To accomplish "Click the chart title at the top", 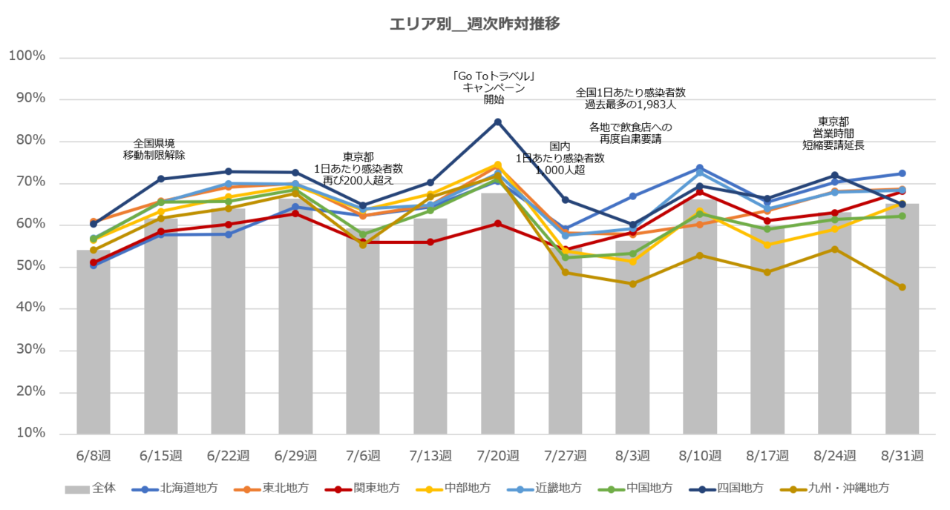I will point(475,24).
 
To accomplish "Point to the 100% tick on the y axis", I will point(27,56).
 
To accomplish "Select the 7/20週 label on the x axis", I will point(497,454).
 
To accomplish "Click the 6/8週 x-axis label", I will point(94,454).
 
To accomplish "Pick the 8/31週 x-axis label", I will point(902,454).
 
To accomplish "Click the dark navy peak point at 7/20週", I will point(498,121).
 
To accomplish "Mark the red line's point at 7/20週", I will point(498,223).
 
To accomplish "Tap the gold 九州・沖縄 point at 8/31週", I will point(902,287).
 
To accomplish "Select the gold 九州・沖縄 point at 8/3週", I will point(632,284).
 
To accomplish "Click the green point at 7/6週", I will point(363,234).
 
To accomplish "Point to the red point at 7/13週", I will point(430,242).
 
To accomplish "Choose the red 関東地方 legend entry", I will point(363,489).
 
